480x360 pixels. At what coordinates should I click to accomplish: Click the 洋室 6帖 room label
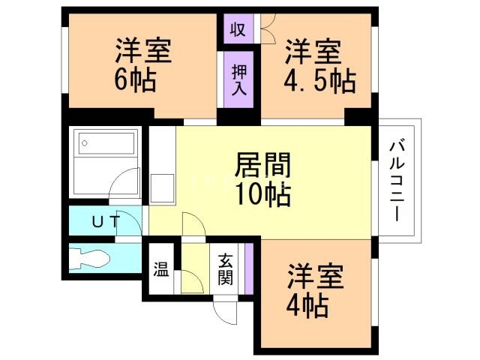point(142,64)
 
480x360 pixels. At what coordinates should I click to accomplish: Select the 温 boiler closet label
point(161,268)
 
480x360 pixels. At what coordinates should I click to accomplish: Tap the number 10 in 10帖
point(246,195)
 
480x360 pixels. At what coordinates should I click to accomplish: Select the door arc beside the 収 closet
point(268,30)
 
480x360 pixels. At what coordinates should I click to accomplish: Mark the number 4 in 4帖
point(295,306)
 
